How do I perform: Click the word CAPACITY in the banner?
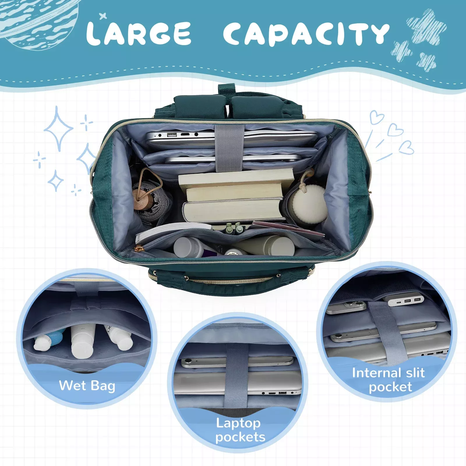click(x=306, y=34)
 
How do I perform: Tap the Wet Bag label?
click(x=87, y=386)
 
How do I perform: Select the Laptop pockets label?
click(x=240, y=430)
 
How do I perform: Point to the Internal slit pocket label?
click(x=388, y=380)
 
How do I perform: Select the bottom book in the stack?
click(x=233, y=210)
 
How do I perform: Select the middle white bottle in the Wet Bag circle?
click(x=83, y=341)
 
